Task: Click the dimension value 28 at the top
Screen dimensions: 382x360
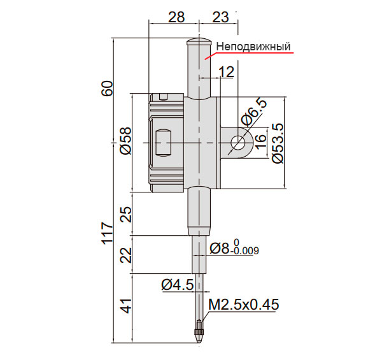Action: [176, 17]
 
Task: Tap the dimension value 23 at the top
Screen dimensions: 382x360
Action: [221, 17]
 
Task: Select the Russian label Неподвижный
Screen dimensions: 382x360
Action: [253, 47]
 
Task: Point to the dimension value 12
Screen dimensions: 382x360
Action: [227, 72]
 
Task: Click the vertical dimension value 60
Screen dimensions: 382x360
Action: [108, 88]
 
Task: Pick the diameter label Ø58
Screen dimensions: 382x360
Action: [126, 141]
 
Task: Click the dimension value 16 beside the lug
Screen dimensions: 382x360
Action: [260, 141]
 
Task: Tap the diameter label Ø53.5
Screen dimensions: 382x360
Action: [278, 143]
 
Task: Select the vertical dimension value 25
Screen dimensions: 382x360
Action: [126, 214]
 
